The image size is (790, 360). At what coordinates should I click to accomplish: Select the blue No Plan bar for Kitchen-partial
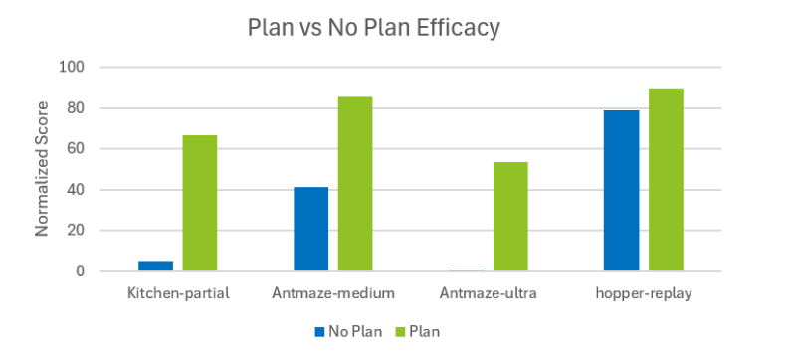(x=155, y=266)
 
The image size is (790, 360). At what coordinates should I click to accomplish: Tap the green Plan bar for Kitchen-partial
(x=200, y=203)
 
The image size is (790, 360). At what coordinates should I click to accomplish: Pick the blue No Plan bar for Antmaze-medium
(x=311, y=229)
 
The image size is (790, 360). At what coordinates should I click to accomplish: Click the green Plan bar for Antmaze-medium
(x=355, y=184)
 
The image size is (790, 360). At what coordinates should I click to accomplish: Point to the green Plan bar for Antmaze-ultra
(x=510, y=216)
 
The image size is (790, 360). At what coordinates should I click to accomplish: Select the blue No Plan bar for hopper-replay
(x=622, y=190)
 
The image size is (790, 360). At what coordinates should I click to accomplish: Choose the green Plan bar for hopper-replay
(x=667, y=179)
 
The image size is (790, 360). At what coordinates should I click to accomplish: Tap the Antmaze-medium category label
(x=333, y=295)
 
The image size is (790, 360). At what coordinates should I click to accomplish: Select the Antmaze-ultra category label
(x=489, y=295)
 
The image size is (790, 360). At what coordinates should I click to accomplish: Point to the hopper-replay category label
(x=644, y=295)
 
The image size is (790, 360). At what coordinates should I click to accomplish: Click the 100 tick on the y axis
(x=77, y=68)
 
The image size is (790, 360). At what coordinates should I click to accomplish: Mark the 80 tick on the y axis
(x=80, y=108)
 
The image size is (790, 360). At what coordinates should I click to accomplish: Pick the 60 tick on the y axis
(x=80, y=149)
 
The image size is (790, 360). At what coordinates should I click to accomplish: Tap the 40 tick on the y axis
(x=80, y=190)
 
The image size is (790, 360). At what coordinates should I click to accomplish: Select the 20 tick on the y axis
(x=80, y=231)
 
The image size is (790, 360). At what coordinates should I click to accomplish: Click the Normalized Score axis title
(x=42, y=169)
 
